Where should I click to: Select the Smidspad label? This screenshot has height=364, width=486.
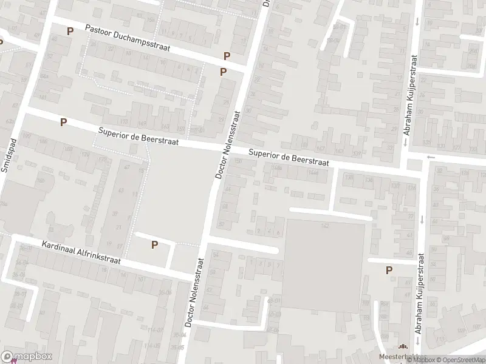point(8,156)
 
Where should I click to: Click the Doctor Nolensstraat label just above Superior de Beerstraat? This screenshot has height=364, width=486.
point(227,143)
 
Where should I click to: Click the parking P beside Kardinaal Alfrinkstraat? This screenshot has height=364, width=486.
point(154,245)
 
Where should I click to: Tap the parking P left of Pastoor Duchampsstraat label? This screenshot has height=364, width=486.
point(70,31)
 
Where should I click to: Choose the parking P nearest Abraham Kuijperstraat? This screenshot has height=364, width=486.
point(389,271)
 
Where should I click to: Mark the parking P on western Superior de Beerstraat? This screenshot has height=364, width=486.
point(63,122)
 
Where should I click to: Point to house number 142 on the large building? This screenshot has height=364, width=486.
point(325,226)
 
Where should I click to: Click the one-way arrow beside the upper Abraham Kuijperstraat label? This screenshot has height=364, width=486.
point(417,22)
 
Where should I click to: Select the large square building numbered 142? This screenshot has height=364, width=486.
point(325,264)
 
